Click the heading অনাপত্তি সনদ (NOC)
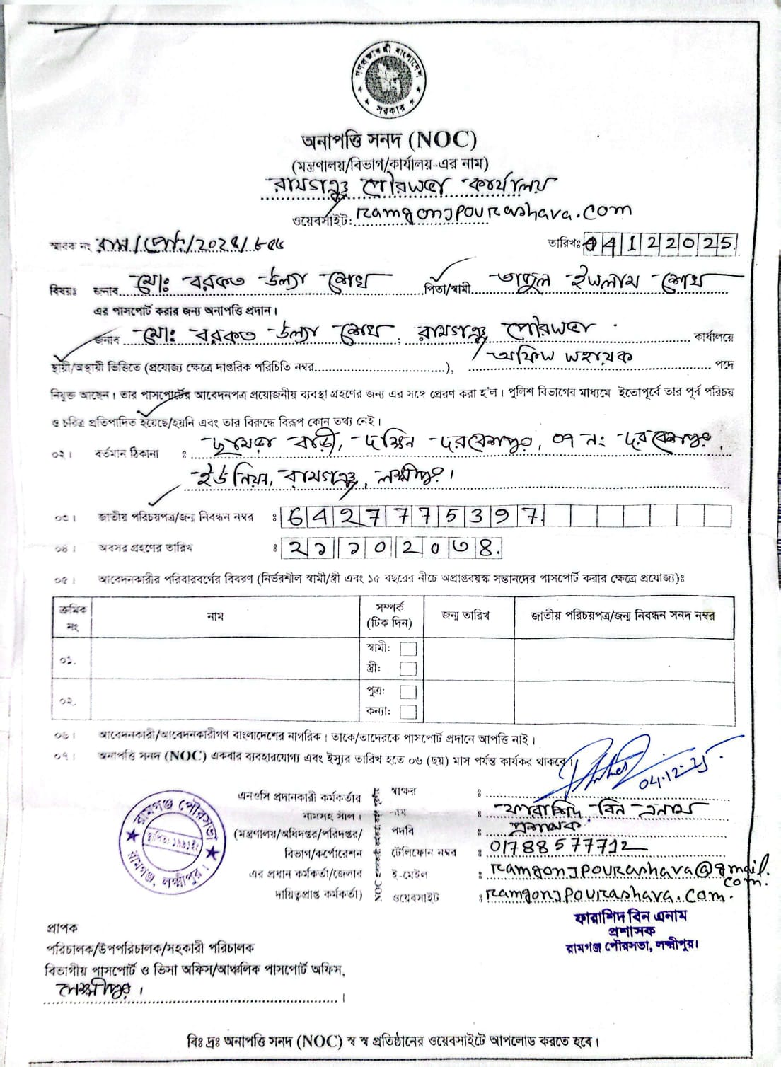click(x=388, y=139)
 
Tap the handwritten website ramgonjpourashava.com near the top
click(x=492, y=212)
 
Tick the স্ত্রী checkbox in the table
click(x=408, y=668)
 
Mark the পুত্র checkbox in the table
click(x=408, y=691)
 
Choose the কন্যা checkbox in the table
click(x=408, y=711)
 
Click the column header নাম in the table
click(x=215, y=616)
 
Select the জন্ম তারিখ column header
click(x=465, y=616)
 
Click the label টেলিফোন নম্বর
click(x=424, y=853)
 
